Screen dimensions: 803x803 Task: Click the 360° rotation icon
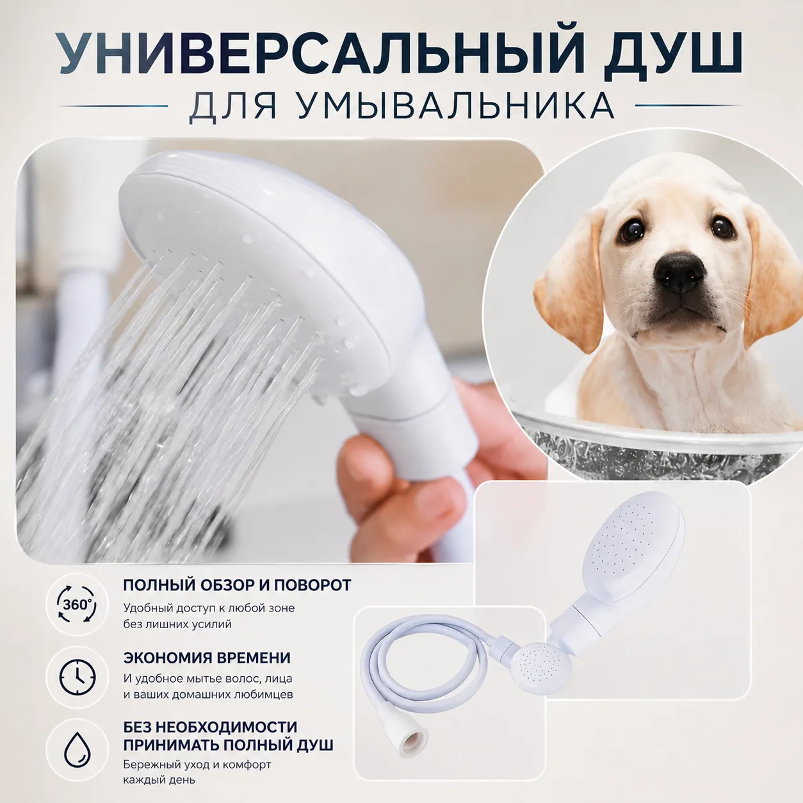[77, 604]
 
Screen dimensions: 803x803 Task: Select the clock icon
[77, 677]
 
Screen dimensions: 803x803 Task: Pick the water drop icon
[77, 750]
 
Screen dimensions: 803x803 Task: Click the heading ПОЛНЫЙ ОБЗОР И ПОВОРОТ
[237, 585]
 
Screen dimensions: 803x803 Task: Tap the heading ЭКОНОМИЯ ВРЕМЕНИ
[207, 658]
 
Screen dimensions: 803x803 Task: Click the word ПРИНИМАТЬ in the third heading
[171, 745]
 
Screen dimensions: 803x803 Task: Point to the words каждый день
[159, 779]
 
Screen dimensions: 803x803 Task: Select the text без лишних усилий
[177, 624]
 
